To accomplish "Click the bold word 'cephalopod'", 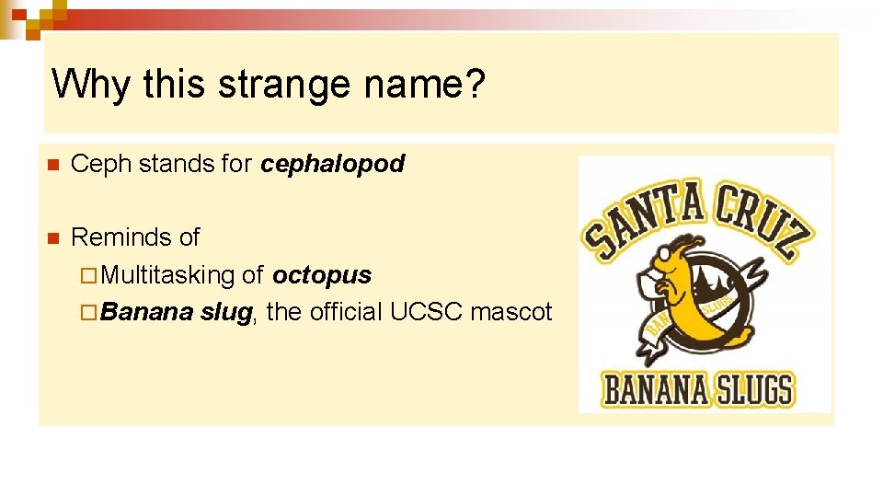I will tap(333, 165).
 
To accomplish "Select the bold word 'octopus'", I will tap(322, 275).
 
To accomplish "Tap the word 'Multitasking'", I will tap(168, 275).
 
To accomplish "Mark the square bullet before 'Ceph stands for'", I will tap(53, 166).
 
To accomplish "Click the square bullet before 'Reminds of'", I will tap(53, 238).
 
